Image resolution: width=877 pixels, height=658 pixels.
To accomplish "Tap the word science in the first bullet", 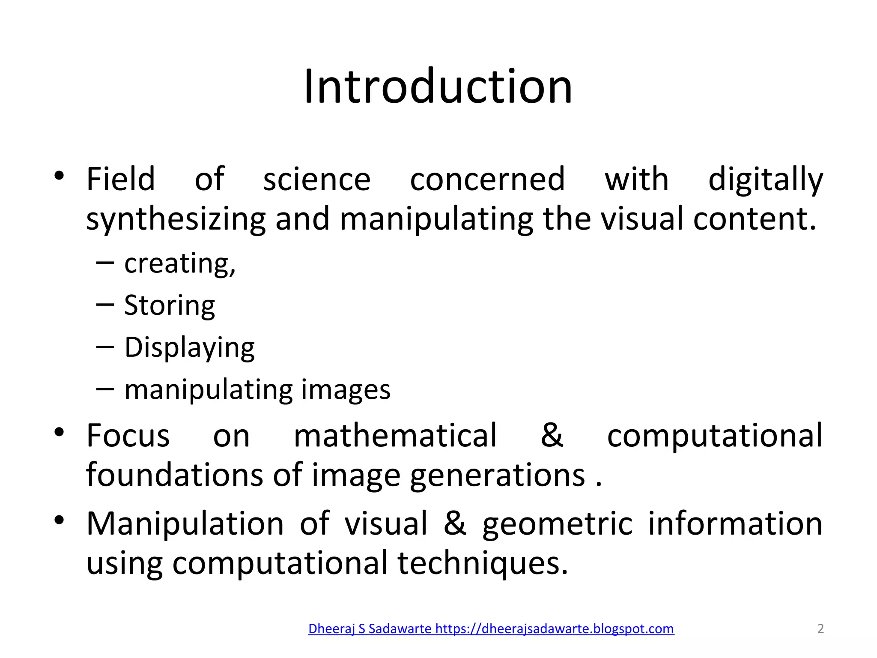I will [x=316, y=179].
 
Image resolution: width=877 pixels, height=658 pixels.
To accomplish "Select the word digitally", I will [x=765, y=179].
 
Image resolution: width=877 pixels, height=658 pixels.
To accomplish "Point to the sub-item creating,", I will [x=180, y=263].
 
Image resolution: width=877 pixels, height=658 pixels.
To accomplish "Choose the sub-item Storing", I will [x=170, y=305].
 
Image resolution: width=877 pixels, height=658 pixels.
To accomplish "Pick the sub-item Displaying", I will [x=189, y=347].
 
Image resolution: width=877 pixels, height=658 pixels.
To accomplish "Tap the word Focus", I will [x=128, y=436].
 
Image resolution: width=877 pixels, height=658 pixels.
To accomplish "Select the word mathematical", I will [x=395, y=436].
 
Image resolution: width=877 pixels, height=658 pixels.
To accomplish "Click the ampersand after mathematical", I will [x=552, y=436].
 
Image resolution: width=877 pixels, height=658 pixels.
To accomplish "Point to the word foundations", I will [x=175, y=475].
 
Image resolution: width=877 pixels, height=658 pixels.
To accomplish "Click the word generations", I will [x=497, y=476].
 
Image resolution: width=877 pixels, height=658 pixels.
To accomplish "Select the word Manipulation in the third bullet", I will [x=185, y=523].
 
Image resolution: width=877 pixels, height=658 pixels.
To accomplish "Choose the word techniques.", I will [x=483, y=563].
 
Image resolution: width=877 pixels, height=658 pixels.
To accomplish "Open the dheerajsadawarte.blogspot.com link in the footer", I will [x=491, y=628].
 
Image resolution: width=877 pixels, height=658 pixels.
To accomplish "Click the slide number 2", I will [x=820, y=628].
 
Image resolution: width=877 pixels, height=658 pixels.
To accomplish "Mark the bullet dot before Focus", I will [x=59, y=432].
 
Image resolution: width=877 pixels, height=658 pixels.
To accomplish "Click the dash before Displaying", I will [x=105, y=347].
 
